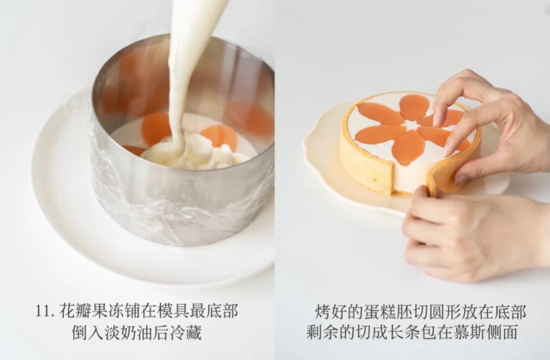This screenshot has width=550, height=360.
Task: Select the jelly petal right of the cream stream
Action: tap(219, 137)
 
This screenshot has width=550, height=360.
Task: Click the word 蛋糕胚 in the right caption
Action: tap(389, 312)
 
